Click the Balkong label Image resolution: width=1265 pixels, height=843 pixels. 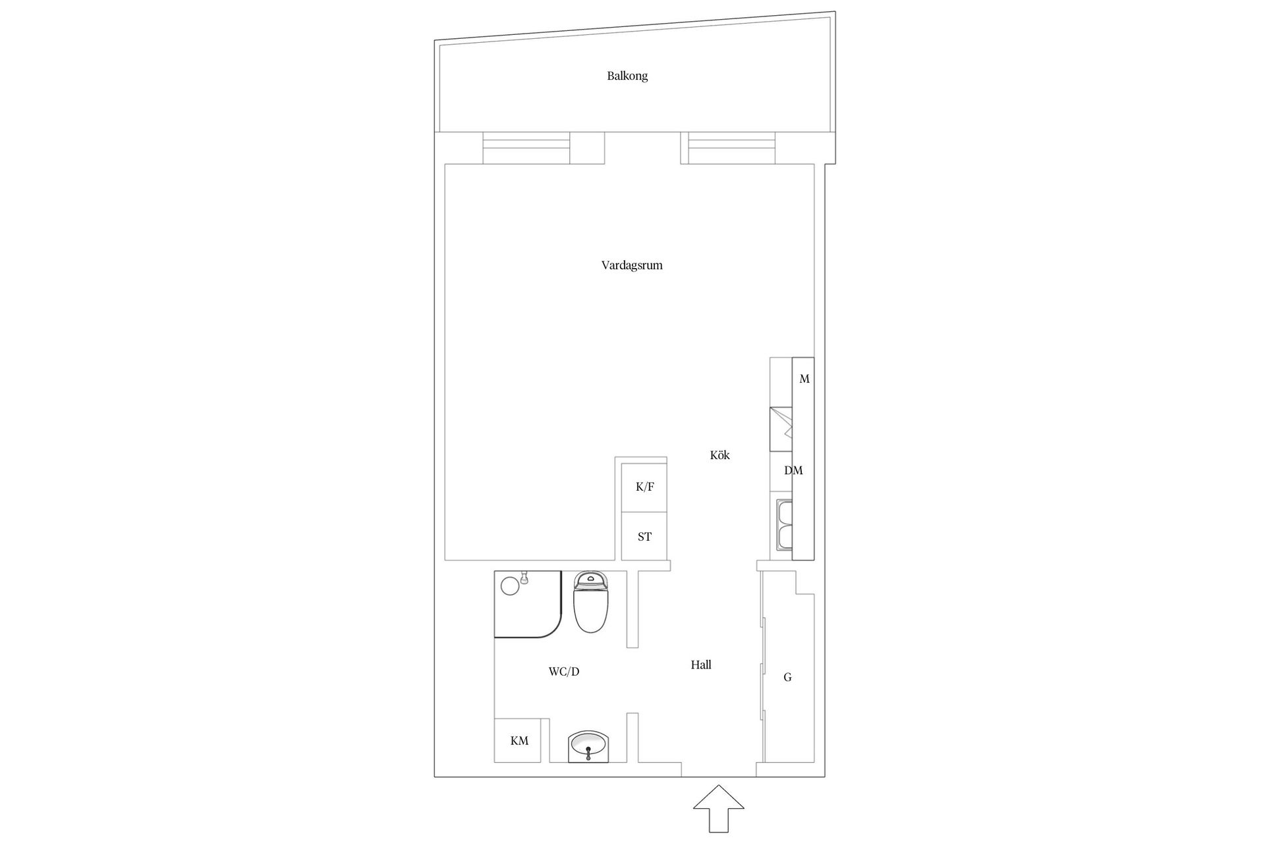click(x=627, y=76)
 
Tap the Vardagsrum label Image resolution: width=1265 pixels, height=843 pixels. click(x=632, y=265)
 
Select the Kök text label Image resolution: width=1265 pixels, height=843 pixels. click(x=720, y=455)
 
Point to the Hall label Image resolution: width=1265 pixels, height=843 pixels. click(x=701, y=665)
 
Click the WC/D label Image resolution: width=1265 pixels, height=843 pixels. click(x=564, y=672)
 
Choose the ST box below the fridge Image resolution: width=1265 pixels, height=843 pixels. click(x=644, y=537)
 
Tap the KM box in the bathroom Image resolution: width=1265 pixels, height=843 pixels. click(x=519, y=740)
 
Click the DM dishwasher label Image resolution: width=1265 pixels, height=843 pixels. click(x=793, y=471)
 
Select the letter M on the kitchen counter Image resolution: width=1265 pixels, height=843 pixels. click(x=804, y=379)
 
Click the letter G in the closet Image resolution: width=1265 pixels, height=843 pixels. click(x=787, y=677)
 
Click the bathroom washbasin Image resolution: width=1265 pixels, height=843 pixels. click(x=588, y=746)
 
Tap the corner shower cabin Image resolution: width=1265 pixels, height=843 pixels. click(x=528, y=604)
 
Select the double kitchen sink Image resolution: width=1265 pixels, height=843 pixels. click(x=784, y=526)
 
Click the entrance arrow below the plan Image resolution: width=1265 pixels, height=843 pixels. click(x=719, y=809)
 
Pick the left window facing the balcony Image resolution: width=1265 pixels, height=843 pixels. click(x=526, y=148)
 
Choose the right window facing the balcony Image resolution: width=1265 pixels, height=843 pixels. click(x=731, y=148)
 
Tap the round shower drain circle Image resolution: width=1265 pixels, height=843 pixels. click(x=510, y=585)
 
